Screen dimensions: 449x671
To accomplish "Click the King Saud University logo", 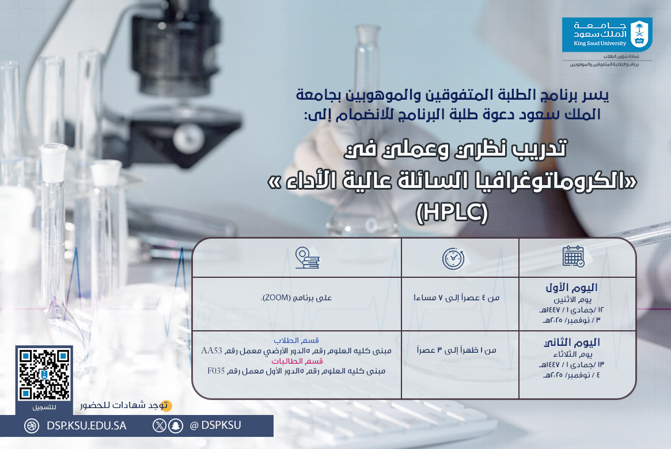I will click(x=607, y=35).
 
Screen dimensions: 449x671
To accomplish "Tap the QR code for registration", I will click(x=44, y=375).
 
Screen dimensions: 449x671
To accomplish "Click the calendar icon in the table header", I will click(x=573, y=256).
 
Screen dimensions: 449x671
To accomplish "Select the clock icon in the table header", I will click(x=453, y=258).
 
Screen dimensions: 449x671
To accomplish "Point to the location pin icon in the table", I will click(x=306, y=258).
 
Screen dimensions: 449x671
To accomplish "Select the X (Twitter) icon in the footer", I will click(x=160, y=426).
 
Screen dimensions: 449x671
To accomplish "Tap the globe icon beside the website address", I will click(x=31, y=426).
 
